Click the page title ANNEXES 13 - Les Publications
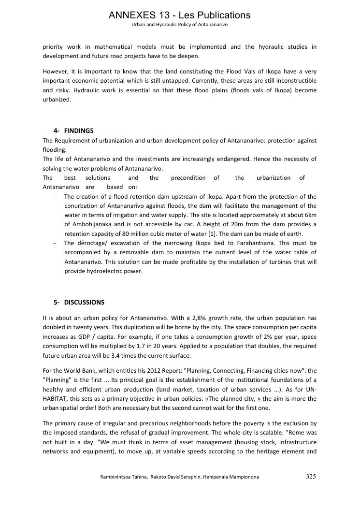[180, 15]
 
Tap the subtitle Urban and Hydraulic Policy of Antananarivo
[180, 24]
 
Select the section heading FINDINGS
[79, 131]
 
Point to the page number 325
[311, 477]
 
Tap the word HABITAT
[56, 399]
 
